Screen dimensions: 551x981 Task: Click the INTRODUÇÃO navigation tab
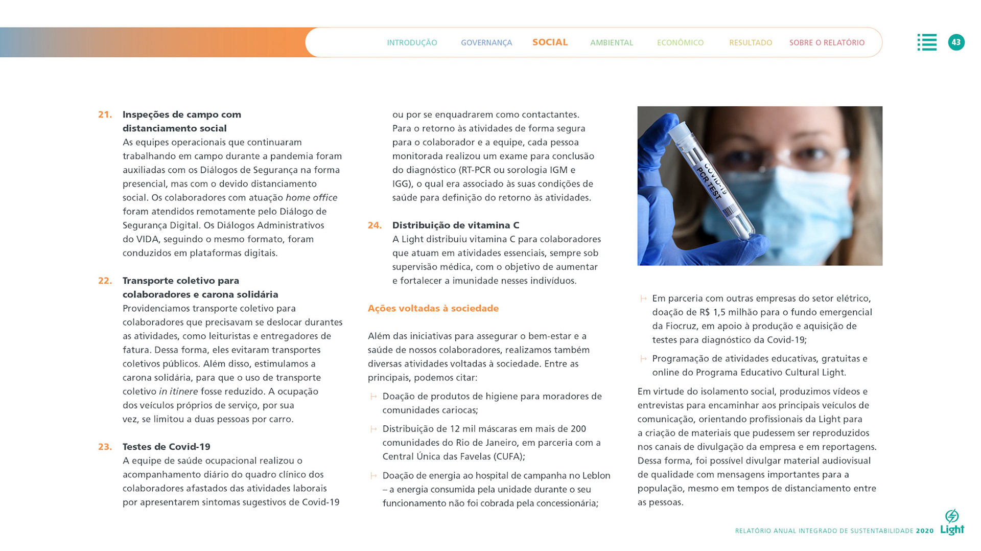pyautogui.click(x=412, y=43)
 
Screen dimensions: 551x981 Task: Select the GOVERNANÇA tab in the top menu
pyautogui.click(x=486, y=43)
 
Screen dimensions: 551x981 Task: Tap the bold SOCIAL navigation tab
pyautogui.click(x=550, y=42)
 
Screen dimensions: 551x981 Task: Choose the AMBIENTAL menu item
pyautogui.click(x=611, y=43)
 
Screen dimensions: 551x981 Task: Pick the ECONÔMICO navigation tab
pyautogui.click(x=680, y=43)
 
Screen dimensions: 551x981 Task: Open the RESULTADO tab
pyautogui.click(x=750, y=43)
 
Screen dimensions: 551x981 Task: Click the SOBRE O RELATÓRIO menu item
pyautogui.click(x=827, y=43)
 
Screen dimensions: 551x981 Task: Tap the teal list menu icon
pyautogui.click(x=926, y=42)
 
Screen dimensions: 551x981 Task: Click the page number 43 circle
pyautogui.click(x=956, y=42)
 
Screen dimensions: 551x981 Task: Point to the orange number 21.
pyautogui.click(x=105, y=115)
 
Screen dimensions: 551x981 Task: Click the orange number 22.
pyautogui.click(x=105, y=281)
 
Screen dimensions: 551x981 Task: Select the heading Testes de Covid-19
pyautogui.click(x=166, y=447)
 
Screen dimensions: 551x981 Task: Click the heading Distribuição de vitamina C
pyautogui.click(x=455, y=225)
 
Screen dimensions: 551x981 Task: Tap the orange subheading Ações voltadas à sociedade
pyautogui.click(x=433, y=308)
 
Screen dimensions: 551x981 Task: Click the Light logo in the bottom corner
pyautogui.click(x=952, y=523)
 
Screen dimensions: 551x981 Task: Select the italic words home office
pyautogui.click(x=311, y=198)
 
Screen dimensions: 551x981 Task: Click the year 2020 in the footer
pyautogui.click(x=924, y=531)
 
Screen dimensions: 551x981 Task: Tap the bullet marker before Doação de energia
pyautogui.click(x=373, y=476)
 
